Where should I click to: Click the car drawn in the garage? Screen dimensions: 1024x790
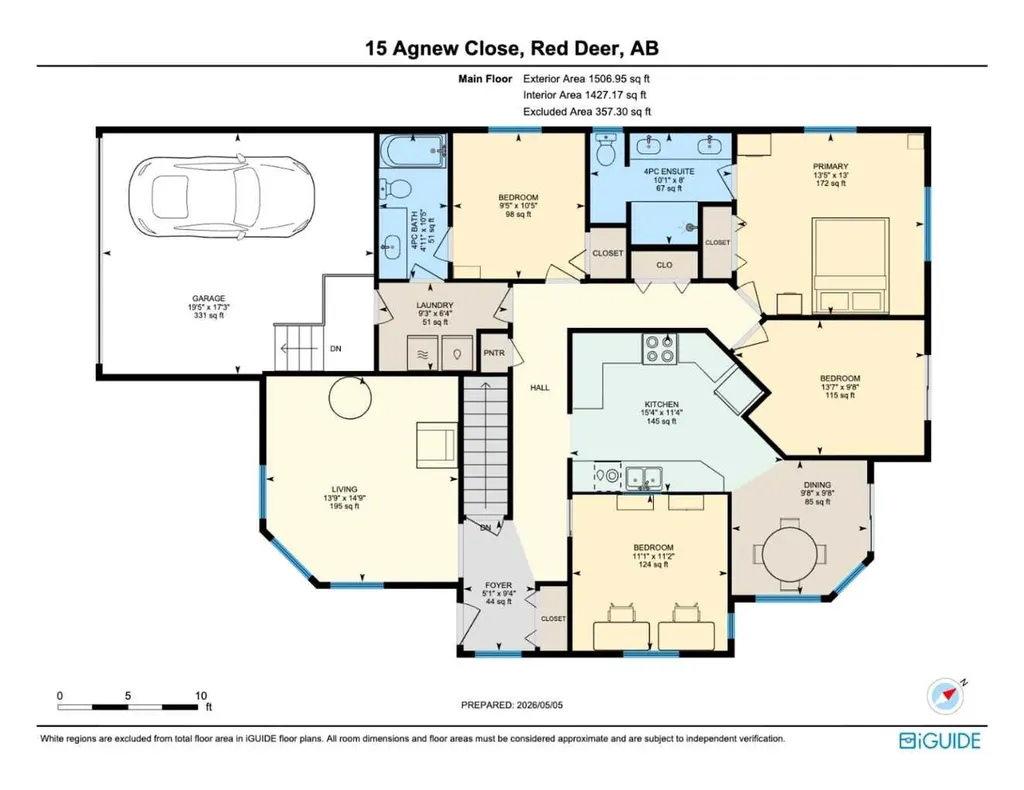pyautogui.click(x=221, y=195)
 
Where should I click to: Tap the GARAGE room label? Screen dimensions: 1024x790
pyautogui.click(x=209, y=298)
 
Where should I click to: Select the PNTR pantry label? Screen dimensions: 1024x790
pyautogui.click(x=494, y=353)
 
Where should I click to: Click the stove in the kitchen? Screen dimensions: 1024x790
pyautogui.click(x=660, y=349)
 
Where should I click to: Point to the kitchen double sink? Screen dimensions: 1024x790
pyautogui.click(x=644, y=478)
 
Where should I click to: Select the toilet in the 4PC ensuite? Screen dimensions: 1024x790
pyautogui.click(x=606, y=150)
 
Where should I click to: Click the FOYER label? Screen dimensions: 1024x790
pyautogui.click(x=498, y=585)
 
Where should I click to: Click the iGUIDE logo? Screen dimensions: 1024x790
pyautogui.click(x=940, y=740)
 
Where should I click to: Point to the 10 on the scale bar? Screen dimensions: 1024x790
pyautogui.click(x=201, y=696)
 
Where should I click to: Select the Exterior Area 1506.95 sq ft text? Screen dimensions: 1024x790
pyautogui.click(x=586, y=79)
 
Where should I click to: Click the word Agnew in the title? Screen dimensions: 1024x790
pyautogui.click(x=426, y=48)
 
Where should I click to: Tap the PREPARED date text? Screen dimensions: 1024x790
pyautogui.click(x=512, y=705)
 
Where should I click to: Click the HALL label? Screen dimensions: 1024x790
pyautogui.click(x=539, y=388)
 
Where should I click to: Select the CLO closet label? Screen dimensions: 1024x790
pyautogui.click(x=664, y=265)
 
